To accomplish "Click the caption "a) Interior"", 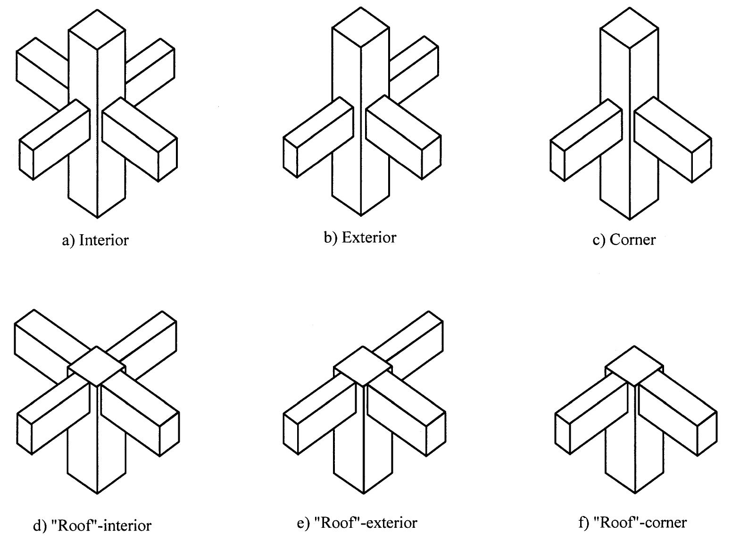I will coord(95,240).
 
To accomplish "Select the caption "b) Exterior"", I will coord(360,237).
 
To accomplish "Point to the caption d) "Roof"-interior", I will coord(92,525).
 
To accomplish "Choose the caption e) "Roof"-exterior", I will coord(357,522).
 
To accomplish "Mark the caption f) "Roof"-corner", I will coord(632,522).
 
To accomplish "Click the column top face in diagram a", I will coord(97,29).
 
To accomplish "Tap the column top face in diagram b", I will coord(361,27).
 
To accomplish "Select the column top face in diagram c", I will coord(630,28).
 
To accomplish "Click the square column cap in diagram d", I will coord(97,367).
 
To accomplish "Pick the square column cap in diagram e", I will coord(363,366).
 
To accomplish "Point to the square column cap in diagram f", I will coord(634,366).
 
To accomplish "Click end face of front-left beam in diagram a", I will coord(26,160).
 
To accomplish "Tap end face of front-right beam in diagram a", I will coord(167,159).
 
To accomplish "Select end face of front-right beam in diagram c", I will coord(701,160).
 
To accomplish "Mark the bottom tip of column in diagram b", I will coord(361,215).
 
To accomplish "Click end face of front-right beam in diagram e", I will coord(436,434).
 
